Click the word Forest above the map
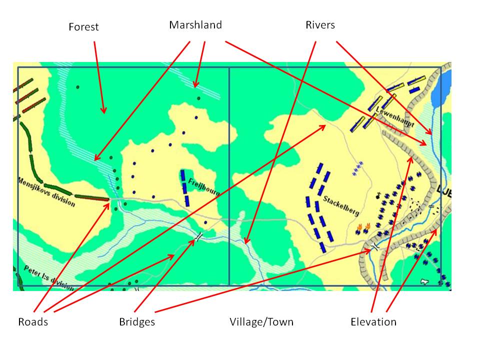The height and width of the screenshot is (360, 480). point(83,27)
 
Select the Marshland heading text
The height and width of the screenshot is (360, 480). point(195,25)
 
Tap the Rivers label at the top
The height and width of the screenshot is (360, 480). point(320,25)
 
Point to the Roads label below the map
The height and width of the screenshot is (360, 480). point(33,322)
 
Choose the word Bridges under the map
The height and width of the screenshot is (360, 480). point(137,322)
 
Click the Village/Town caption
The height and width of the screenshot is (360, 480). point(261,322)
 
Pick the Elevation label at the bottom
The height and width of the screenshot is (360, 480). point(373,322)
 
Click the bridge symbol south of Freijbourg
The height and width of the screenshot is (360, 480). point(199,236)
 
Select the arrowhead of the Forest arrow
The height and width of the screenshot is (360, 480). point(104,110)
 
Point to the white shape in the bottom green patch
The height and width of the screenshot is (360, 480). point(425,281)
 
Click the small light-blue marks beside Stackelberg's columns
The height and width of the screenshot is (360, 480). point(357,170)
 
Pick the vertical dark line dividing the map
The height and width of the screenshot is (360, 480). point(229,175)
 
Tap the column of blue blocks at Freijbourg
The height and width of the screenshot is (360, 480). point(185,187)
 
